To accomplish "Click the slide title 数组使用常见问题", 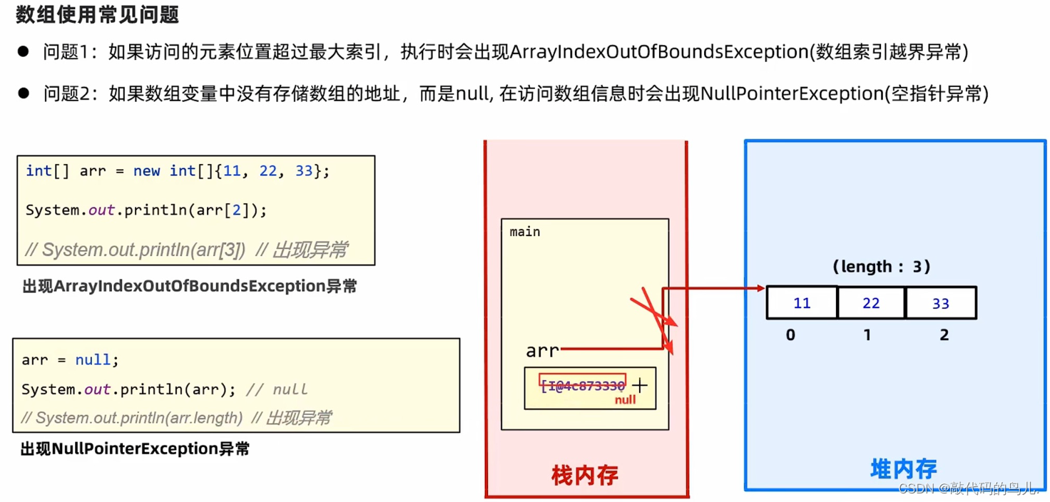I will click(x=98, y=14).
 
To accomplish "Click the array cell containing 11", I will click(x=802, y=303).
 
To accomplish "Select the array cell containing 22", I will click(x=871, y=303).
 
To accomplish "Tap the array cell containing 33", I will click(x=940, y=303).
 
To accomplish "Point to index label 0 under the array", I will click(x=790, y=334).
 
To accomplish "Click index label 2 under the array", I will click(x=944, y=334).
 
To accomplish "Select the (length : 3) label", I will click(x=881, y=267).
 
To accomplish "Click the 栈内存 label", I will click(x=585, y=475).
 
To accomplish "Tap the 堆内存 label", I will click(x=903, y=469).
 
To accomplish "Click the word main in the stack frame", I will click(x=525, y=232).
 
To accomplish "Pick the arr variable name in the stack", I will click(x=542, y=350).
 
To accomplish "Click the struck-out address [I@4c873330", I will click(x=583, y=385).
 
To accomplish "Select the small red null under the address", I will click(x=625, y=400).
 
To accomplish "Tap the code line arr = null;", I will click(x=70, y=360).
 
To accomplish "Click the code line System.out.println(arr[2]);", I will click(x=146, y=210).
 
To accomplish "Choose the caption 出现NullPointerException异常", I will click(x=136, y=449).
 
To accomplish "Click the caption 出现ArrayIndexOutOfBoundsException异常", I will click(x=190, y=287).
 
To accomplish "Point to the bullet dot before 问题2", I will click(x=24, y=93).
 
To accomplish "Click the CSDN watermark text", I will click(x=969, y=489).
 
